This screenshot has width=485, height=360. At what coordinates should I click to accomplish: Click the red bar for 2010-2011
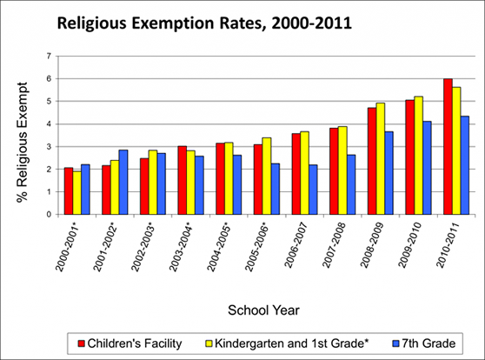448,147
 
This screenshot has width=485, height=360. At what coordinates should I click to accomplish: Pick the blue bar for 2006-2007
313,190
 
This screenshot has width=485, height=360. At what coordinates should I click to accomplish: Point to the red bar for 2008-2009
371,161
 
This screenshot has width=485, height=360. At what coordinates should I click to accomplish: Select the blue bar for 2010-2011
465,165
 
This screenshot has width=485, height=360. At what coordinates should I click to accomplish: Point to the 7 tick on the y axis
49,57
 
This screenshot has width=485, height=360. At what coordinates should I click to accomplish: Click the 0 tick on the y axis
49,215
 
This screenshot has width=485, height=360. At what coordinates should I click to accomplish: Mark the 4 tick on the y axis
49,124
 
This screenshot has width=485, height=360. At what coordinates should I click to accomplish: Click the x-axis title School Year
264,309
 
